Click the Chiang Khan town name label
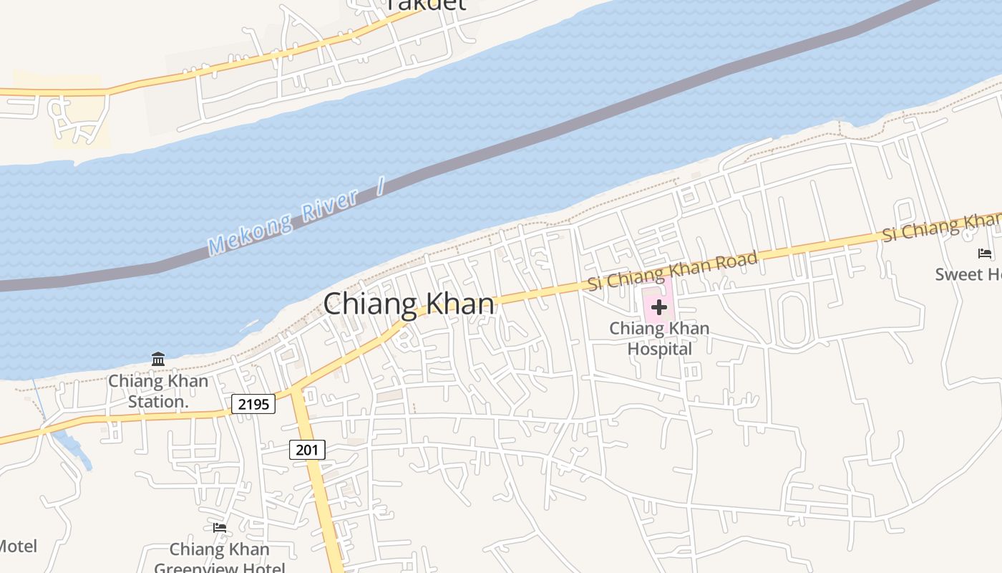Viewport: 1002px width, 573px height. pos(409,304)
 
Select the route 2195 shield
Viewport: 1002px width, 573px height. pos(253,404)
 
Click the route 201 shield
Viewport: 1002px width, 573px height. pos(308,450)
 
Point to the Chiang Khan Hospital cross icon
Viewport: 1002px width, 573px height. pos(658,308)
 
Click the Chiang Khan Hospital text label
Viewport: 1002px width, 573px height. pos(659,339)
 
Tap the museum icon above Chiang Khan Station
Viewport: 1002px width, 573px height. pos(158,359)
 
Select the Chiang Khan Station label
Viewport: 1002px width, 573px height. pos(158,391)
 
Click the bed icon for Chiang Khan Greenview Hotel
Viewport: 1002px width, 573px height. pos(220,528)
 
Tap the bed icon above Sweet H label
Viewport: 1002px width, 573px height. pos(985,253)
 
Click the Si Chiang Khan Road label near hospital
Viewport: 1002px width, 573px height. pos(672,270)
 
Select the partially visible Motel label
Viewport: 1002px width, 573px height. pos(17,546)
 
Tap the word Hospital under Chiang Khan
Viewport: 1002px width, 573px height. pos(659,349)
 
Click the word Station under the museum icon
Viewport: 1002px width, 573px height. pos(158,402)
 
